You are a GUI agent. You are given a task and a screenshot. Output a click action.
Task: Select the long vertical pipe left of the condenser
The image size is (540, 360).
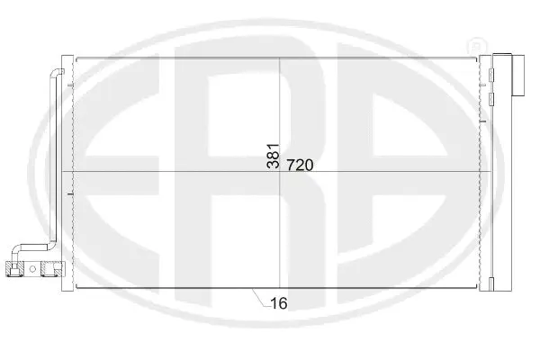[54, 162]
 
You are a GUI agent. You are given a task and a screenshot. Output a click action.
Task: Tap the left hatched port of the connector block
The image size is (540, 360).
[13, 266]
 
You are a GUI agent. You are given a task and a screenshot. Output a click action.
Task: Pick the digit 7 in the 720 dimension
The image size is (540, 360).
[293, 166]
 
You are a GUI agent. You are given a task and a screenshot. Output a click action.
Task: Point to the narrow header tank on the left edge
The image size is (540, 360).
[70, 171]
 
